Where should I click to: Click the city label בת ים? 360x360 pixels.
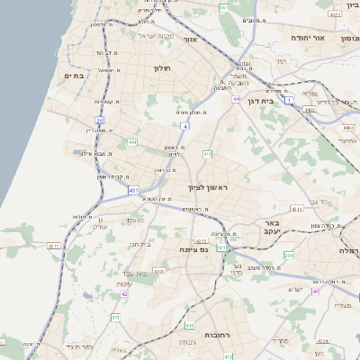74,76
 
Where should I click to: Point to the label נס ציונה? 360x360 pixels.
193,249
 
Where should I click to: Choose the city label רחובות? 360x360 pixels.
217,334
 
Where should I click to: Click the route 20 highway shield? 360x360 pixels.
100,120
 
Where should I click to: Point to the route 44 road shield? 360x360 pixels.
236,99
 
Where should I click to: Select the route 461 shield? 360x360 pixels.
224,7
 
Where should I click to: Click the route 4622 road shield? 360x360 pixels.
335,14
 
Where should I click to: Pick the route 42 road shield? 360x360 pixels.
125,293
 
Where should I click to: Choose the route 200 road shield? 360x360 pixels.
288,256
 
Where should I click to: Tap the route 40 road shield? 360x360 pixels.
315,291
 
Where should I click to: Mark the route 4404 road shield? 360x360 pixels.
310,110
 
